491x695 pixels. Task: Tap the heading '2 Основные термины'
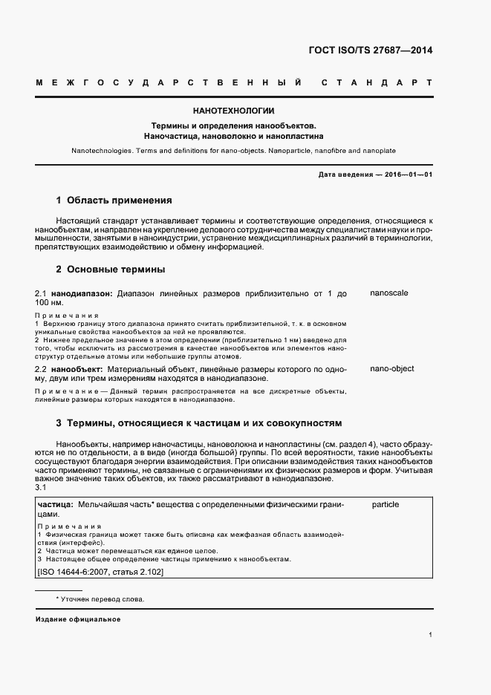point(111,269)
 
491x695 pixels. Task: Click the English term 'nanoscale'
point(389,293)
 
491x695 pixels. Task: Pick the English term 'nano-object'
point(391,368)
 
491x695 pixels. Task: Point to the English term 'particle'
point(386,504)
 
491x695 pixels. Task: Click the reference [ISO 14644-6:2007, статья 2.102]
point(100,572)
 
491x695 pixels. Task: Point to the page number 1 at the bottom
point(431,635)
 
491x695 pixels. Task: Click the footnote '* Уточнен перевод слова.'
point(100,599)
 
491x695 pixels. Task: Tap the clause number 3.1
point(41,487)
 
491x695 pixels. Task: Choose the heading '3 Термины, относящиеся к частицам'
point(198,423)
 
